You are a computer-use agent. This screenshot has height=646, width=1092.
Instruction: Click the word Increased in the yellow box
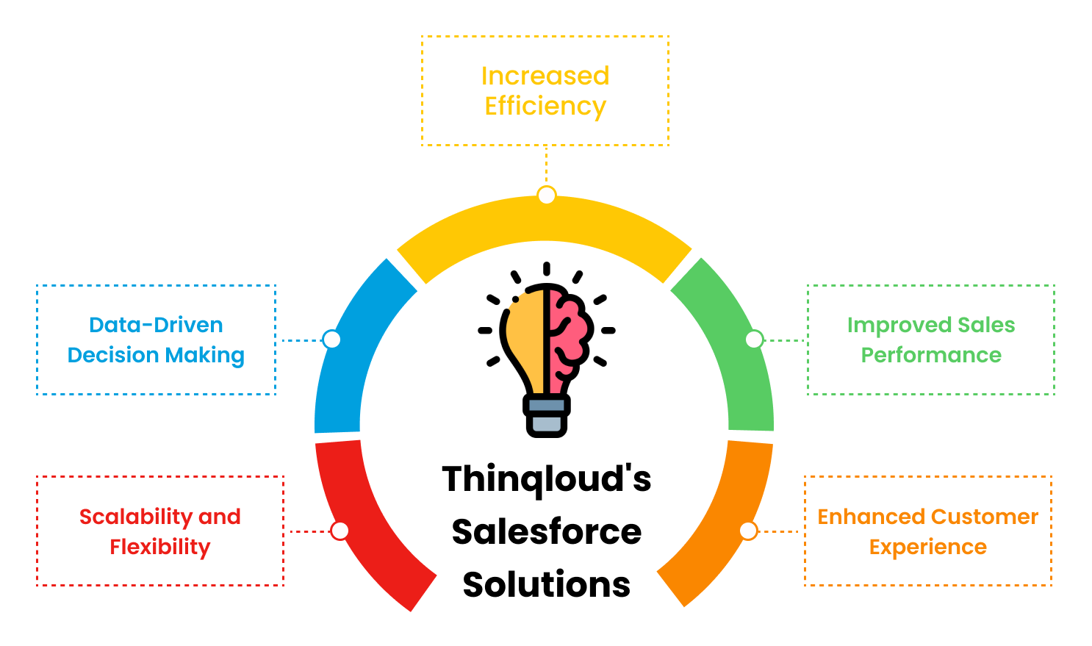pyautogui.click(x=545, y=76)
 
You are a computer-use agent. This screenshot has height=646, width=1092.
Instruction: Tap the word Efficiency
pyautogui.click(x=545, y=107)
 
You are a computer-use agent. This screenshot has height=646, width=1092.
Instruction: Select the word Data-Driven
pyautogui.click(x=156, y=325)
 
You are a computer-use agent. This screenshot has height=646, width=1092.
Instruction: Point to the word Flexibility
pyautogui.click(x=160, y=548)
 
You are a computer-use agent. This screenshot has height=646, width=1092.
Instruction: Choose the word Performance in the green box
pyautogui.click(x=931, y=356)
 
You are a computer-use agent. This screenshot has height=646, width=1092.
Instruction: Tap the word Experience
pyautogui.click(x=928, y=548)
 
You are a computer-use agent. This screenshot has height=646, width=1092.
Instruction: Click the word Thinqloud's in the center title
pyautogui.click(x=547, y=480)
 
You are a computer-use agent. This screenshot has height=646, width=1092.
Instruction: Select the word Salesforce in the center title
pyautogui.click(x=547, y=532)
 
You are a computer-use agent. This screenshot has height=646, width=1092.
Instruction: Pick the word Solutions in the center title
pyautogui.click(x=547, y=584)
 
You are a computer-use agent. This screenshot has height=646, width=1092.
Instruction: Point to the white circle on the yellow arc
pyautogui.click(x=547, y=195)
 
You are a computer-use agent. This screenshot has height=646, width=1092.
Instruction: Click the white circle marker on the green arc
pyautogui.click(x=754, y=340)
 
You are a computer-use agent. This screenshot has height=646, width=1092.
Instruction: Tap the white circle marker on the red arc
pyautogui.click(x=340, y=531)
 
